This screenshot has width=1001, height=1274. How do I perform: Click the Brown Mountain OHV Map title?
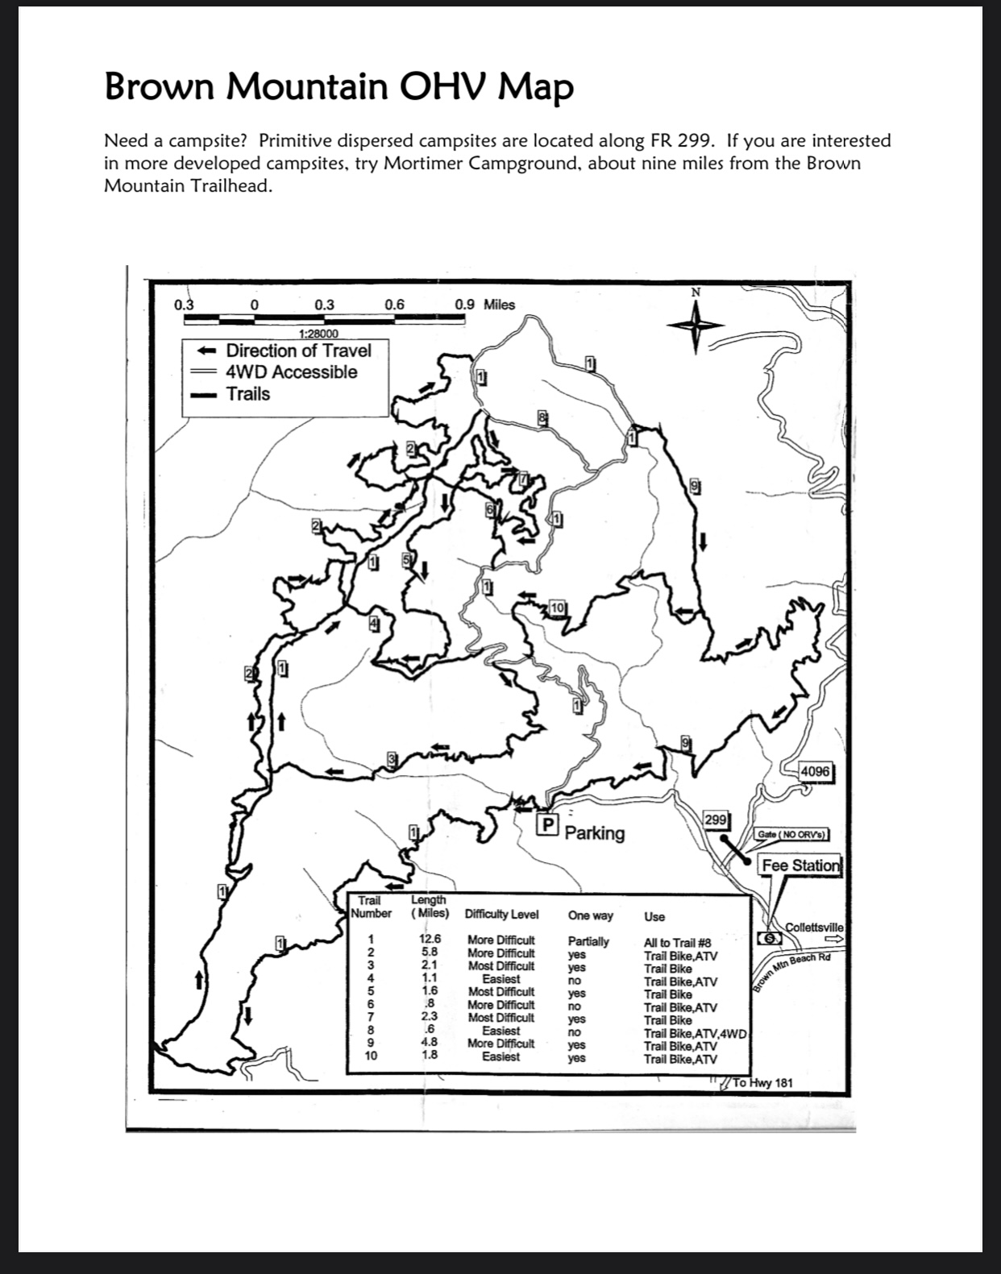(x=339, y=87)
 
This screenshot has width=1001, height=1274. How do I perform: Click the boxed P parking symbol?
(x=547, y=824)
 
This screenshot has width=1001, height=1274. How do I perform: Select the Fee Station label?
(x=800, y=865)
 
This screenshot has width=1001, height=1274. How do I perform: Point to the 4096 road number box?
(x=814, y=771)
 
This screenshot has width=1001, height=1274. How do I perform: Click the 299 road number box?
(x=716, y=820)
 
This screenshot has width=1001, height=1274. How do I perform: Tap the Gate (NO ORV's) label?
(x=792, y=835)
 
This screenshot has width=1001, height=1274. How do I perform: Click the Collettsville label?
(x=814, y=927)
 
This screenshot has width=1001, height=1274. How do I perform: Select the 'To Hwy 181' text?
(x=762, y=1082)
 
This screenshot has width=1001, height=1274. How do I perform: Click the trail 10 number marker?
(x=558, y=607)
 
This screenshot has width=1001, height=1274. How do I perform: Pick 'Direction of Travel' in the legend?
(x=298, y=351)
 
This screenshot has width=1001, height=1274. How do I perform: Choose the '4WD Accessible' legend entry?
(x=291, y=372)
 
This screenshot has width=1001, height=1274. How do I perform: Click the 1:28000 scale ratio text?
(x=318, y=334)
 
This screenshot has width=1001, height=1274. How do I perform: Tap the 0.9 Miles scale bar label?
(x=484, y=305)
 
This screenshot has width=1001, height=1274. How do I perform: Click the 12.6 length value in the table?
(x=430, y=939)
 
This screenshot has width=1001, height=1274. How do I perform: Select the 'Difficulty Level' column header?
(x=501, y=915)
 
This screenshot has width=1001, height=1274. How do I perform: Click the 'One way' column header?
(x=590, y=915)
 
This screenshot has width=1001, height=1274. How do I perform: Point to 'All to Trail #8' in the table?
(x=677, y=942)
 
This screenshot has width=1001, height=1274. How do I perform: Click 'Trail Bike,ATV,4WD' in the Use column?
(x=696, y=1033)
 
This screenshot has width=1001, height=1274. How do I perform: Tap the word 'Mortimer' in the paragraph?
(x=422, y=164)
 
